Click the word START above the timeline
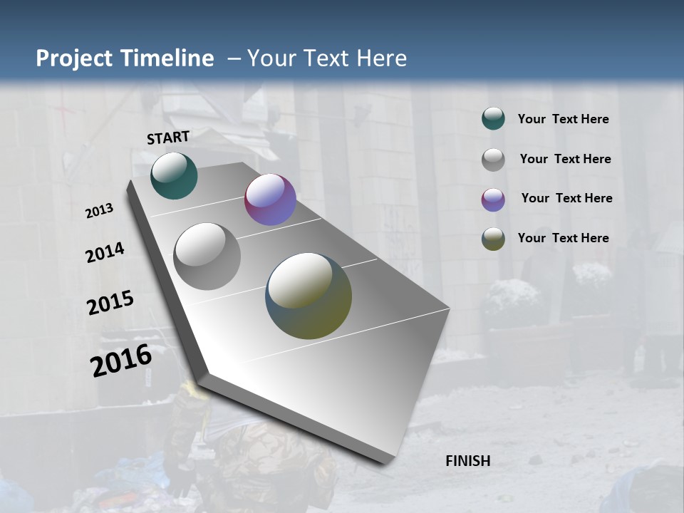pyautogui.click(x=168, y=138)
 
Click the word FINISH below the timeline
pyautogui.click(x=468, y=461)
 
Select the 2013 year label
pyautogui.click(x=100, y=211)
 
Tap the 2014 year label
pyautogui.click(x=105, y=252)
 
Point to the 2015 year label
pyautogui.click(x=110, y=303)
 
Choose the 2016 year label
pyautogui.click(x=121, y=360)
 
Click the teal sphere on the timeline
pyautogui.click(x=174, y=175)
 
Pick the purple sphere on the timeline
pyautogui.click(x=270, y=199)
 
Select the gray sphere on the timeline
pyautogui.click(x=207, y=256)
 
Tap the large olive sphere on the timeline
pyautogui.click(x=309, y=296)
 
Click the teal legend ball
pyautogui.click(x=493, y=119)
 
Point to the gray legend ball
pyautogui.click(x=493, y=160)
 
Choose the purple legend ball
pyautogui.click(x=493, y=199)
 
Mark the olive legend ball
pyautogui.click(x=493, y=239)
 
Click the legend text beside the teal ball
pyautogui.click(x=563, y=120)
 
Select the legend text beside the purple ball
pyautogui.click(x=566, y=198)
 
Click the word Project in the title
pyautogui.click(x=73, y=58)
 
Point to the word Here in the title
pyautogui.click(x=381, y=58)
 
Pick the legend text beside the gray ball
pyautogui.click(x=565, y=159)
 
